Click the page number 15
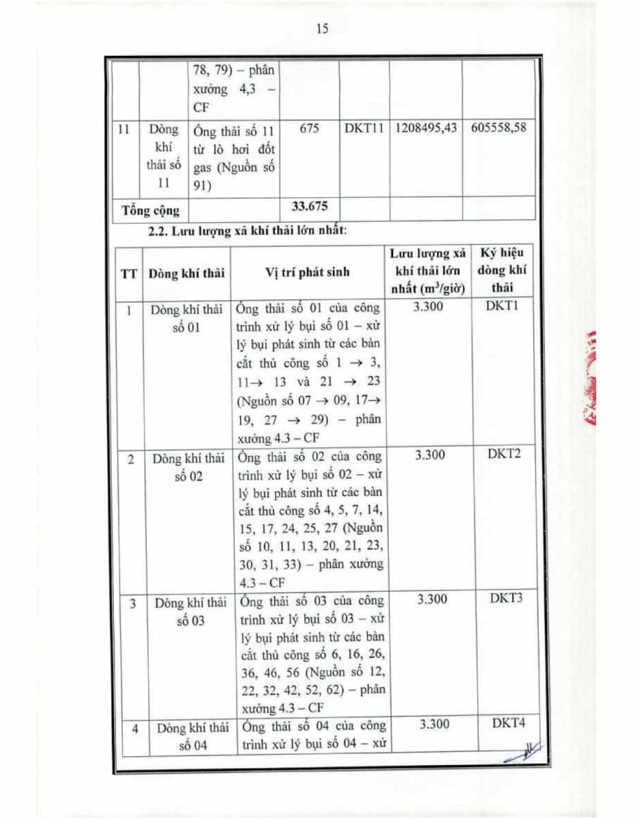[x=323, y=28]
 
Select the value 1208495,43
[x=425, y=128]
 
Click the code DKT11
[x=364, y=128]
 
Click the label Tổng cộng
[x=151, y=209]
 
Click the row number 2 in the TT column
[x=130, y=459]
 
